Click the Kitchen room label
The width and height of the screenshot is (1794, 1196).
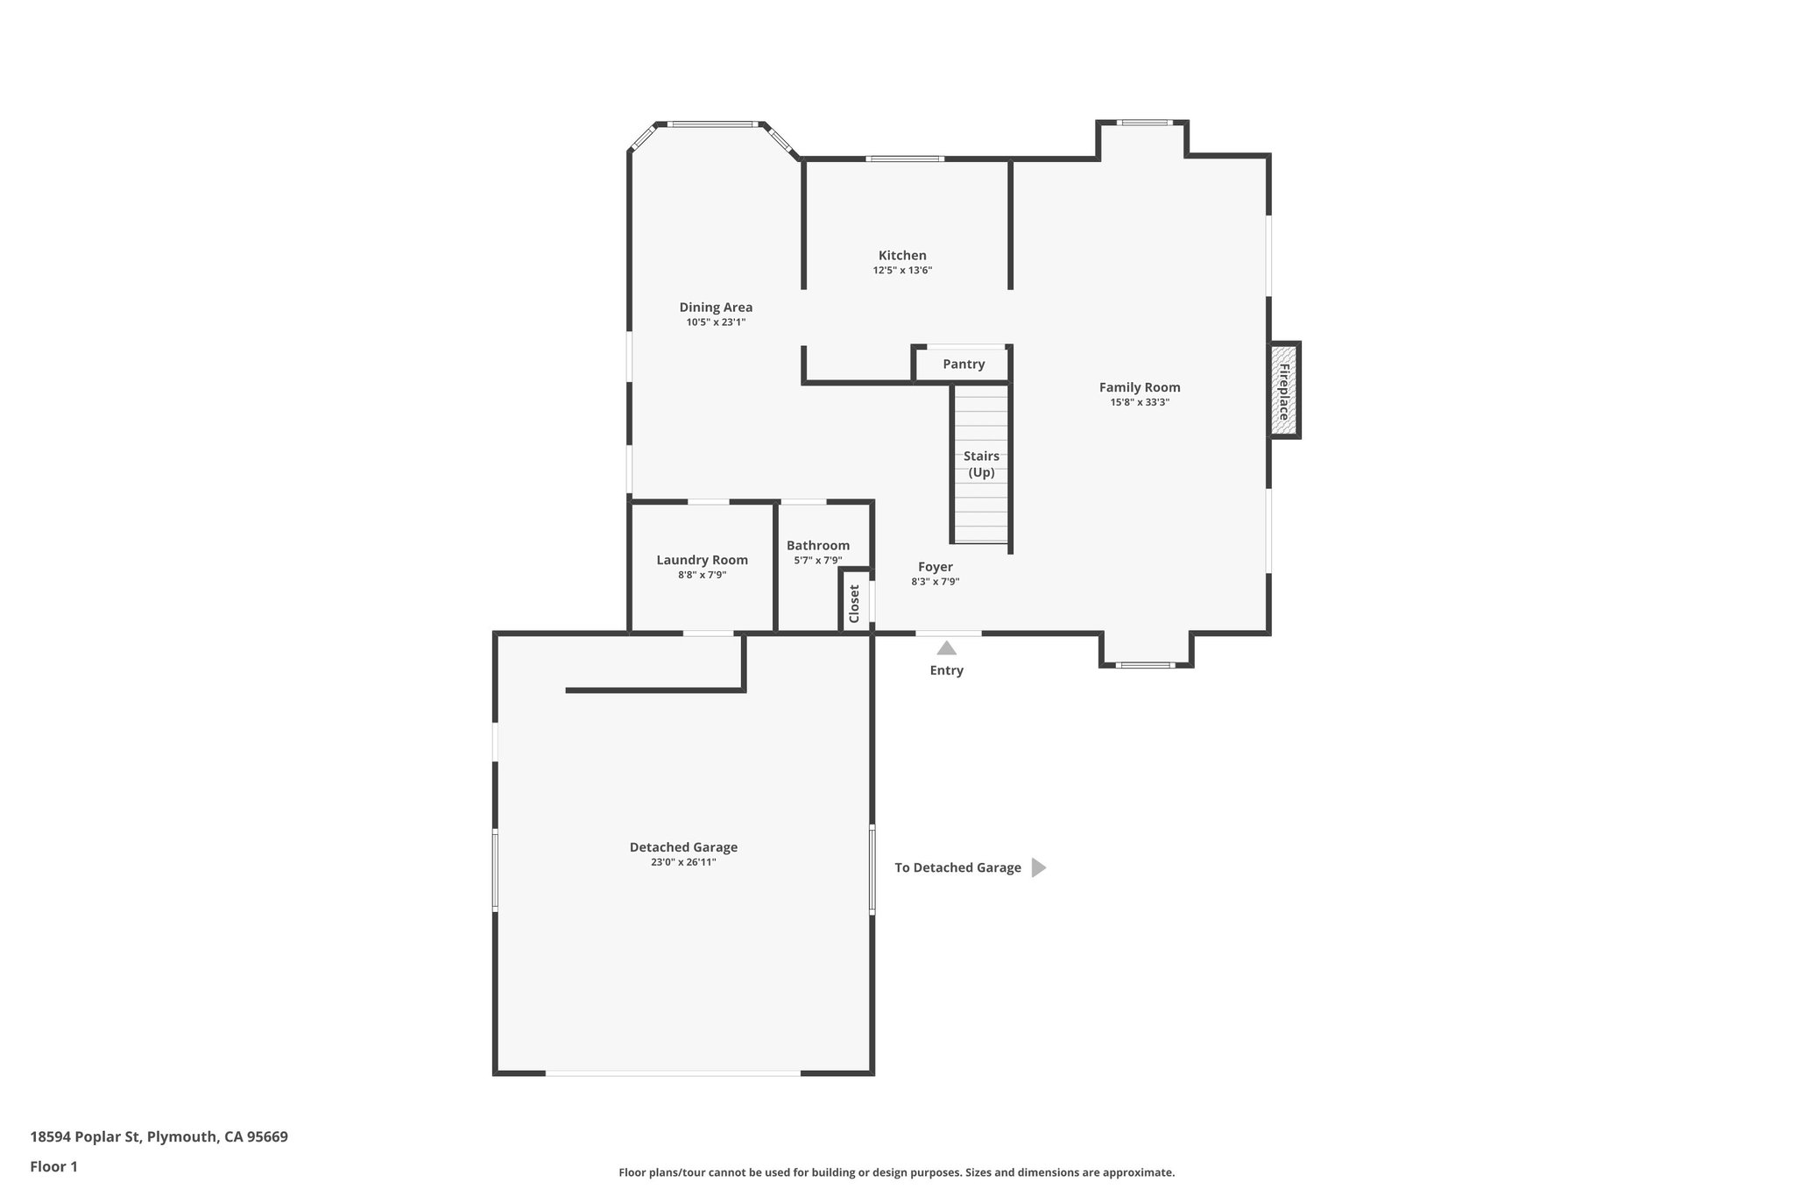point(902,256)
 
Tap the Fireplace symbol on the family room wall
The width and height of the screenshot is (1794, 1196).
point(1285,390)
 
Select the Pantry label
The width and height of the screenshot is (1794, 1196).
point(964,364)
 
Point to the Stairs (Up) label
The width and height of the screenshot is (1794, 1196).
point(981,464)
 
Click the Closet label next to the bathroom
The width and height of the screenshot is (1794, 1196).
point(855,603)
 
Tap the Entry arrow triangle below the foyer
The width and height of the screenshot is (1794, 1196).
point(946,648)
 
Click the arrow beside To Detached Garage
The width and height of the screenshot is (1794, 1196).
point(1038,867)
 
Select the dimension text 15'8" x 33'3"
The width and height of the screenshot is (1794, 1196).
point(1140,402)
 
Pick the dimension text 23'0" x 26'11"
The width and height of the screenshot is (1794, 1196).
point(683,862)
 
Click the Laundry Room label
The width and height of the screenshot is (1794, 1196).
point(702,560)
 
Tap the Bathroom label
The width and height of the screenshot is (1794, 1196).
point(817,545)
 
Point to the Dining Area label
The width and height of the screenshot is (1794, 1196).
point(716,308)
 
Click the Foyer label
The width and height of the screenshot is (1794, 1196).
point(935,567)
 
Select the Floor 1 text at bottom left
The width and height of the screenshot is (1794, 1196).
point(54,1166)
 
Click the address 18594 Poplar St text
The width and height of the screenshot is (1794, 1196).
point(159,1136)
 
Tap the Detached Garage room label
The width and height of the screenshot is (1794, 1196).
point(683,847)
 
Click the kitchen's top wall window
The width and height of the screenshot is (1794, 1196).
point(904,159)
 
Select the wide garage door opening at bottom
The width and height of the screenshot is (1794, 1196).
point(673,1072)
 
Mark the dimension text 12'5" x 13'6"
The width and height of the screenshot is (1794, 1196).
point(902,271)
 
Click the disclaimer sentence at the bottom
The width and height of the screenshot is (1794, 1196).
point(896,1172)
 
